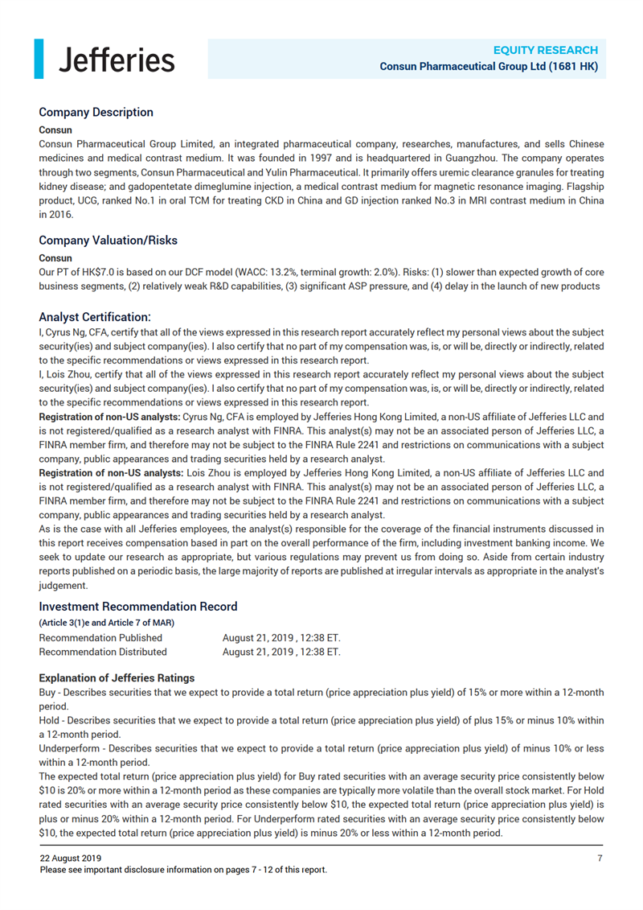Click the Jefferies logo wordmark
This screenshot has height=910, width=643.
[117, 59]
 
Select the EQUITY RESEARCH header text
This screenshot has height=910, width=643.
[545, 50]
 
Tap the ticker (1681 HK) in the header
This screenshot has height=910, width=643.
[573, 66]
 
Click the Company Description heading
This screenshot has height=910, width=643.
[96, 112]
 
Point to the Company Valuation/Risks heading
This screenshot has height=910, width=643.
[108, 240]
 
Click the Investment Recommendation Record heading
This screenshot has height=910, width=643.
[137, 606]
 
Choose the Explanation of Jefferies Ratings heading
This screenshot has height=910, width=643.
[117, 677]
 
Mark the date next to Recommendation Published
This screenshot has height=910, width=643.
[281, 637]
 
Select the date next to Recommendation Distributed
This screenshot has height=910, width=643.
[281, 652]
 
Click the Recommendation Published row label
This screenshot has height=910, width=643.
[100, 637]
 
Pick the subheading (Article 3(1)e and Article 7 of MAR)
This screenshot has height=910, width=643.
[106, 622]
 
